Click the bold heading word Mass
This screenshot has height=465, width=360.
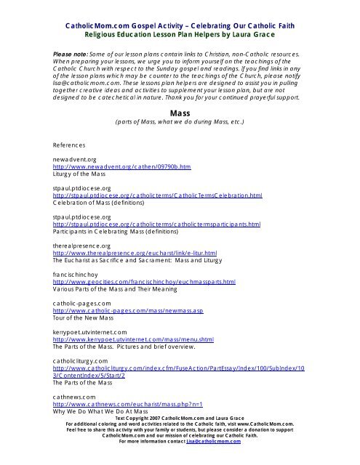180,113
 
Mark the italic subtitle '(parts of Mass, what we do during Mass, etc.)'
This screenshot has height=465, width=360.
180,124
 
